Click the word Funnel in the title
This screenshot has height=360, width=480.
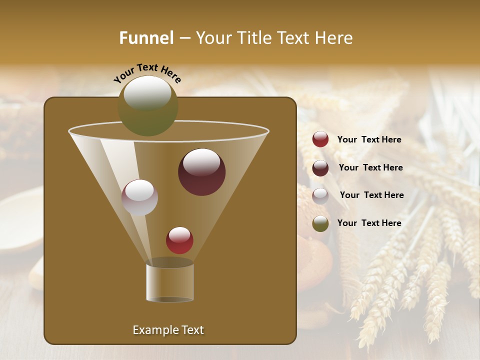[x=146, y=38]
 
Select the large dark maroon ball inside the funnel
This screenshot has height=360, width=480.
[x=201, y=172]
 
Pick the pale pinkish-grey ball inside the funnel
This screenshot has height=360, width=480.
[x=139, y=197]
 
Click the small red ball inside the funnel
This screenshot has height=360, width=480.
[x=179, y=240]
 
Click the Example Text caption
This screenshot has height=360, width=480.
[x=168, y=330]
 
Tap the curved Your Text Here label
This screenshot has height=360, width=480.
[x=147, y=73]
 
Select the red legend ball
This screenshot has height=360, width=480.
[x=320, y=139]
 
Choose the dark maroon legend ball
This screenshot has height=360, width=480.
[x=320, y=168]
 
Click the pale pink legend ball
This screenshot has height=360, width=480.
[x=320, y=195]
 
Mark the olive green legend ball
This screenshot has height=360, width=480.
[x=320, y=223]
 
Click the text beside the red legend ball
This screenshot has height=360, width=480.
[x=369, y=140]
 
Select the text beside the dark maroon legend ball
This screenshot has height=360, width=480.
[x=370, y=168]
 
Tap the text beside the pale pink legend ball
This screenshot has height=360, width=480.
[x=371, y=195]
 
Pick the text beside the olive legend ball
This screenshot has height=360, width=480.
[x=369, y=223]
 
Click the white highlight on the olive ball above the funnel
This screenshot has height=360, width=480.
[x=147, y=93]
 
